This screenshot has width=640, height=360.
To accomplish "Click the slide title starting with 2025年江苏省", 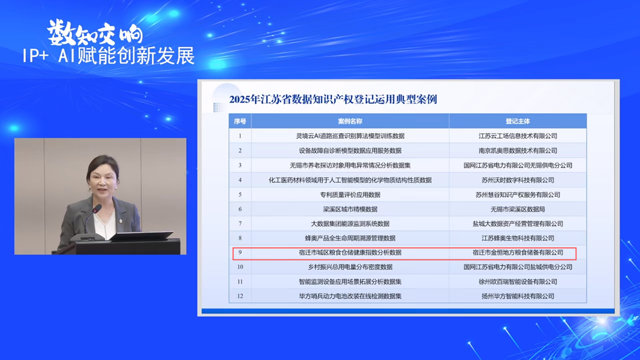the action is pyautogui.click(x=333, y=99).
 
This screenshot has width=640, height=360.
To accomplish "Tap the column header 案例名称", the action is pyautogui.click(x=350, y=121).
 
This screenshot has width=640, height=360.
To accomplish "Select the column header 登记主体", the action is pyautogui.click(x=518, y=121).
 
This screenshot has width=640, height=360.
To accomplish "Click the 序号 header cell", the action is pyautogui.click(x=240, y=121).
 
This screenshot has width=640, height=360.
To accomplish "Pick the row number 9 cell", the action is pyautogui.click(x=240, y=252).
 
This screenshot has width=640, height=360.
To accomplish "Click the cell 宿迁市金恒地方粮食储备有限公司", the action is pyautogui.click(x=518, y=252).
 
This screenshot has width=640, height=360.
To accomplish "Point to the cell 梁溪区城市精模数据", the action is pyautogui.click(x=350, y=209).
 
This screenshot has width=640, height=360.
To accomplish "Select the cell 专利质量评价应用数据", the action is pyautogui.click(x=350, y=195).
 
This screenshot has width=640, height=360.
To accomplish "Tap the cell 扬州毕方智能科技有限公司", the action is pyautogui.click(x=518, y=296).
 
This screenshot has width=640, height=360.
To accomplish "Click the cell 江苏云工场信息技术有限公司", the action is pyautogui.click(x=518, y=136).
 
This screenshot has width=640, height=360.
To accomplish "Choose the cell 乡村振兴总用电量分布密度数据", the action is pyautogui.click(x=350, y=267).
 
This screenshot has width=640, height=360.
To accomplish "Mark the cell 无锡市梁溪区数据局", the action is pyautogui.click(x=518, y=209).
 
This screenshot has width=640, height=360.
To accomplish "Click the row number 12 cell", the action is pyautogui.click(x=240, y=296).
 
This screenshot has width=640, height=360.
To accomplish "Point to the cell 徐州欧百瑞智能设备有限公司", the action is pyautogui.click(x=518, y=282).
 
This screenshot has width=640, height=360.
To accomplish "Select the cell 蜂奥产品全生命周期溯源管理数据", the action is pyautogui.click(x=350, y=238).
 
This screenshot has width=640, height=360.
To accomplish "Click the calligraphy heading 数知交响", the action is pyautogui.click(x=95, y=33).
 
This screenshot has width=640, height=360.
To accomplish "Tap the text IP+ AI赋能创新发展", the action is pyautogui.click(x=108, y=56).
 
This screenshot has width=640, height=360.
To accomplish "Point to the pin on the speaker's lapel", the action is pyautogui.click(x=121, y=221).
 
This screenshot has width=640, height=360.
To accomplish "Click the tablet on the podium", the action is pyautogui.click(x=142, y=236).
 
